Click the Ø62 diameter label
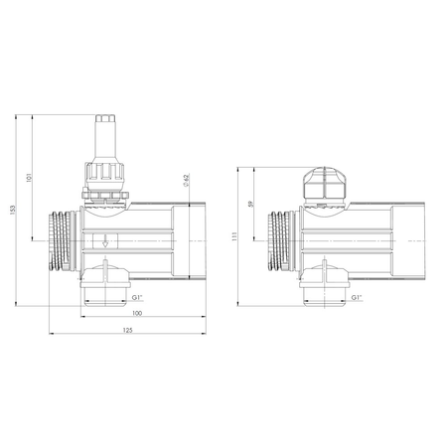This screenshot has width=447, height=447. [186, 181]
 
